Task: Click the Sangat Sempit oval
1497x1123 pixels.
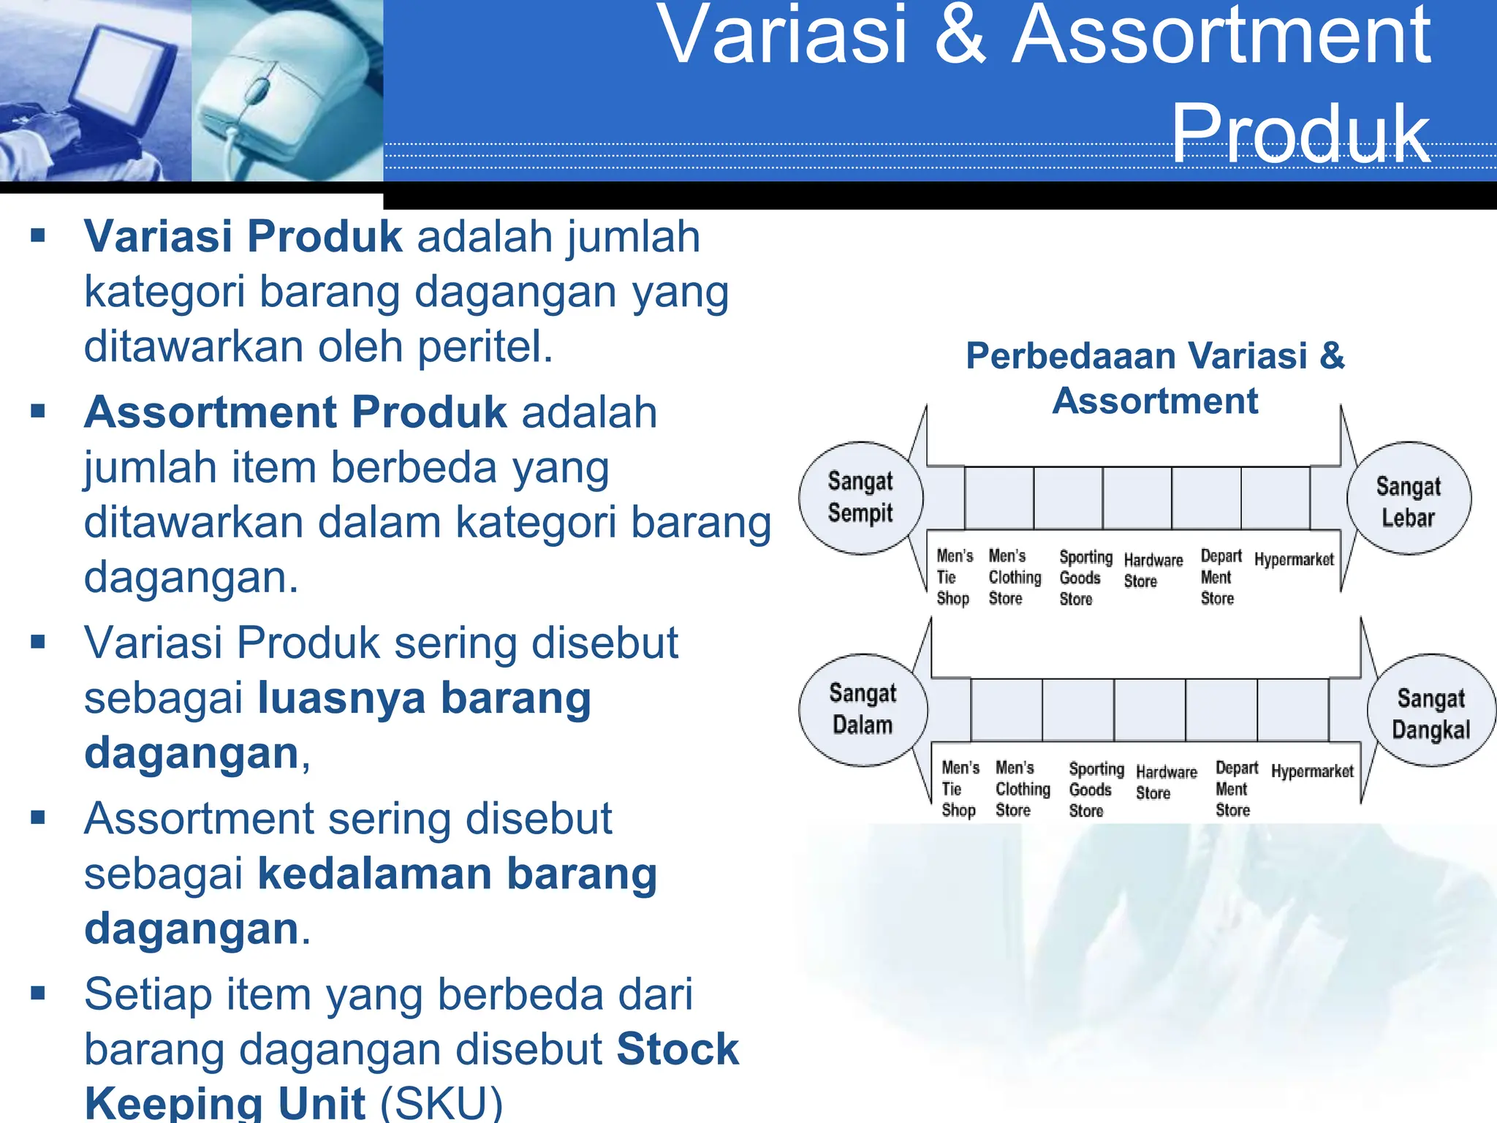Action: tap(860, 498)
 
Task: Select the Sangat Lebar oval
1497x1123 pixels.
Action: tap(1409, 499)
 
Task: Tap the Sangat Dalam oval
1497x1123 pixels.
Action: tap(863, 710)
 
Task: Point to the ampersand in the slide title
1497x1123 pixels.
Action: tap(960, 37)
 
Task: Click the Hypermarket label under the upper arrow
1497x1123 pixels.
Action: tap(1294, 560)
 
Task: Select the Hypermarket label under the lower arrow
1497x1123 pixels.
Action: tap(1312, 772)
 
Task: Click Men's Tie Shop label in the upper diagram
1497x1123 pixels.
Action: tap(954, 577)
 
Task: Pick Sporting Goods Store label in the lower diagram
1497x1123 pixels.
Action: tap(1095, 790)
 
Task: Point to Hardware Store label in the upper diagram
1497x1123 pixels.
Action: tap(1153, 570)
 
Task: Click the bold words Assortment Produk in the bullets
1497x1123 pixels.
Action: tap(295, 412)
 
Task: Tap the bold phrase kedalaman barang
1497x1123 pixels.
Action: tap(458, 874)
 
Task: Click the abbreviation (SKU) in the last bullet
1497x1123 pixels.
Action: tap(441, 1103)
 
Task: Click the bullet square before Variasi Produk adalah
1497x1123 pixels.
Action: tap(38, 235)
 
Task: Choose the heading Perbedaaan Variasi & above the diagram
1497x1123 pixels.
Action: tap(1155, 356)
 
